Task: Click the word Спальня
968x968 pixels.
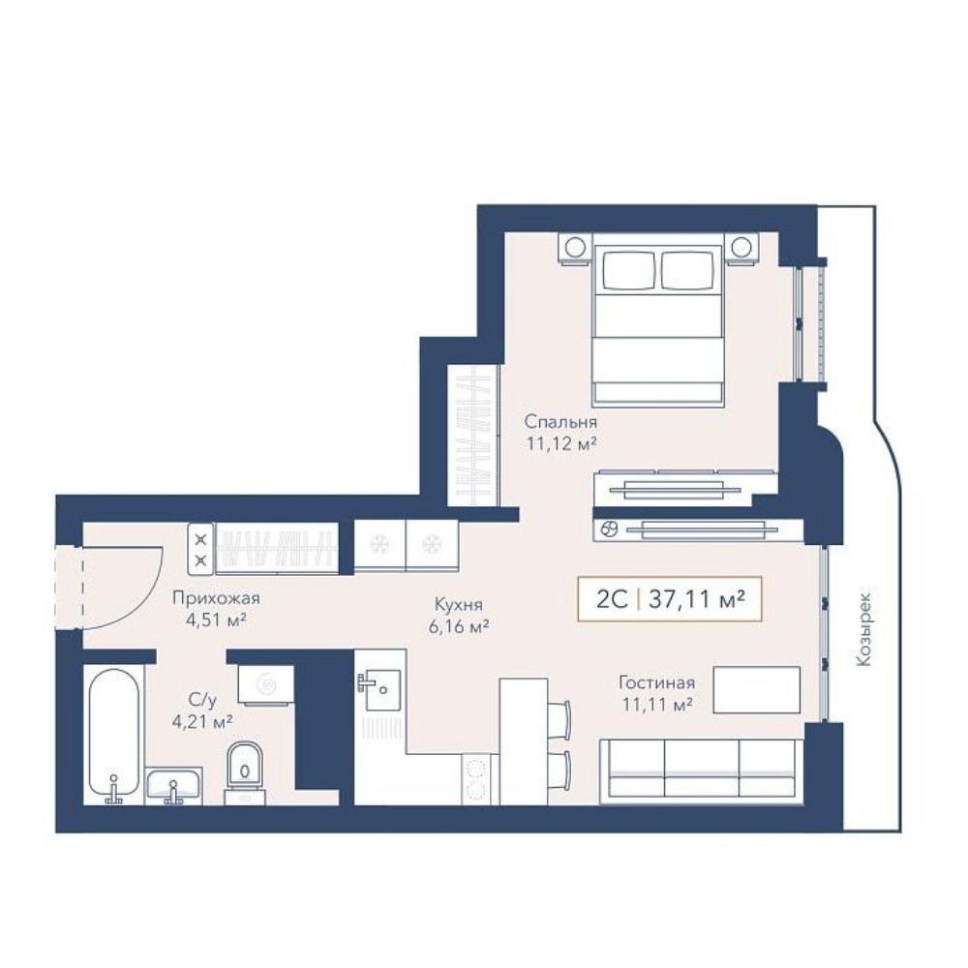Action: pyautogui.click(x=560, y=422)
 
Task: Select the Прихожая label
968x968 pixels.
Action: pyautogui.click(x=216, y=598)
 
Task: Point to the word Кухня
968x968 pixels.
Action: pyautogui.click(x=459, y=605)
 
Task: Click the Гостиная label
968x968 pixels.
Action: pyautogui.click(x=657, y=682)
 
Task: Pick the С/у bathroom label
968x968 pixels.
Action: pyautogui.click(x=203, y=700)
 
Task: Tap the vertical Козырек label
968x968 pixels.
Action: pyautogui.click(x=864, y=629)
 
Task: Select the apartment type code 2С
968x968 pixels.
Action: pyautogui.click(x=612, y=599)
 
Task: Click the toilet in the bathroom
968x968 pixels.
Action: pyautogui.click(x=245, y=772)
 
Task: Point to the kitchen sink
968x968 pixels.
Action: pyautogui.click(x=379, y=690)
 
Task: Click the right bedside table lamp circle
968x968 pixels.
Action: pyautogui.click(x=740, y=247)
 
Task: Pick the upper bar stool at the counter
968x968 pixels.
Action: pyautogui.click(x=560, y=720)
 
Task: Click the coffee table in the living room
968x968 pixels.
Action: pyautogui.click(x=757, y=689)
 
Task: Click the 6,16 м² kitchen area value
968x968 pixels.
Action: pyautogui.click(x=459, y=627)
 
